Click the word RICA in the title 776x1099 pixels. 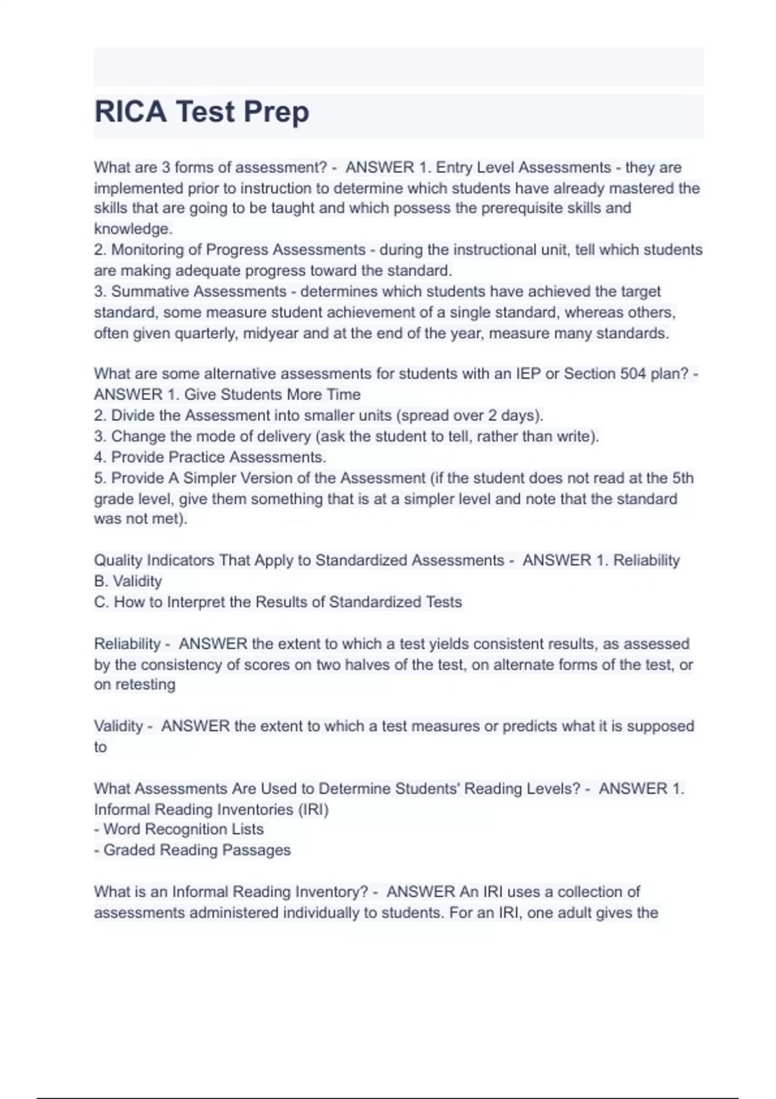coord(130,112)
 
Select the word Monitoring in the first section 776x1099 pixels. coord(146,250)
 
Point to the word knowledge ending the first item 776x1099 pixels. coord(132,229)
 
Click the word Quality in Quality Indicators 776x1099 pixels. coord(118,560)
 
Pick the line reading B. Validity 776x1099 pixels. coord(128,581)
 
